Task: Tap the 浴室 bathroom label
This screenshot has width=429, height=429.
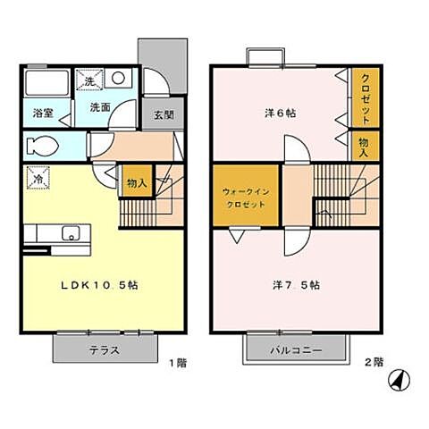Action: pyautogui.click(x=44, y=114)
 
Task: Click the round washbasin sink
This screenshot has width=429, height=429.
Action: pyautogui.click(x=118, y=79)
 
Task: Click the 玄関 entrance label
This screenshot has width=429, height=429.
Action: pyautogui.click(x=163, y=114)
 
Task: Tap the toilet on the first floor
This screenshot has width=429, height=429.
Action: pyautogui.click(x=45, y=145)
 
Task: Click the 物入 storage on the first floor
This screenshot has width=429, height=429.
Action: pyautogui.click(x=137, y=183)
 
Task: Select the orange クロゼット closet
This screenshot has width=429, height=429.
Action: pyautogui.click(x=365, y=99)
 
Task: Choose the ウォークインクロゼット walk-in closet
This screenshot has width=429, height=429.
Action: pyautogui.click(x=245, y=196)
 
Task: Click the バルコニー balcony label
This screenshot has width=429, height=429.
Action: pyautogui.click(x=295, y=351)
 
